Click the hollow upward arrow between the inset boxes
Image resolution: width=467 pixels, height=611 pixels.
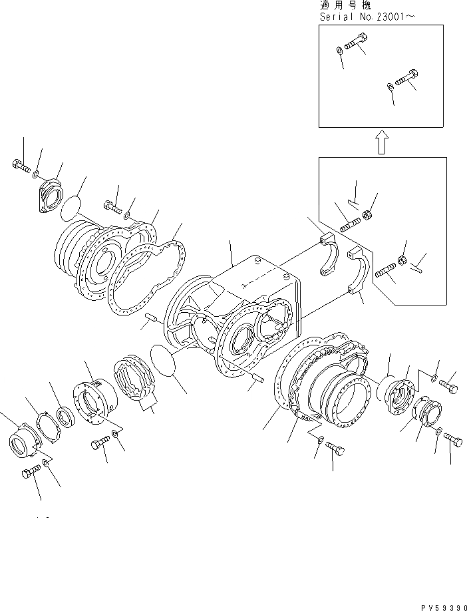(x=382, y=142)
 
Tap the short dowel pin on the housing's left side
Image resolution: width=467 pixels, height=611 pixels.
(x=152, y=320)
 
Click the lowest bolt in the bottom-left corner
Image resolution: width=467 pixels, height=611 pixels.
(x=31, y=473)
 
